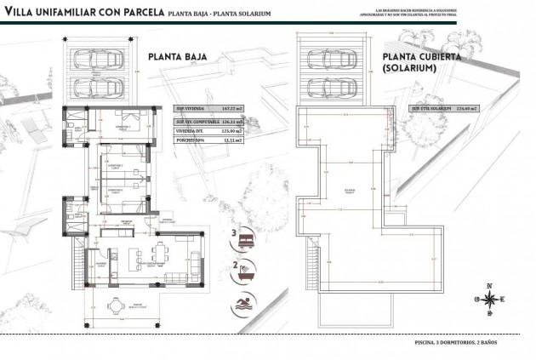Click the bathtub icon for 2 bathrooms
coord(244,271)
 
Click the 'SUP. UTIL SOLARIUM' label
coord(431,109)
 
